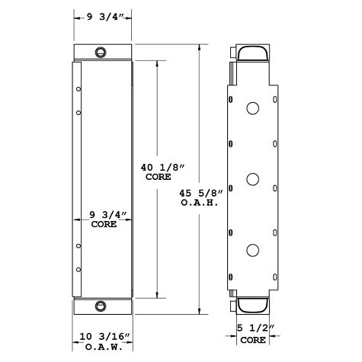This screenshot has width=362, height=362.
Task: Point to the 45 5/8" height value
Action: (x=200, y=194)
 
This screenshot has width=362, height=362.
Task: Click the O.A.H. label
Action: (x=200, y=203)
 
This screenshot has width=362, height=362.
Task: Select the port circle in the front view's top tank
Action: (x=101, y=53)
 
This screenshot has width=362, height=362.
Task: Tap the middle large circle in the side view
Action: (x=251, y=180)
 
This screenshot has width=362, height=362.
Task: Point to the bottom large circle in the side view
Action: (x=251, y=249)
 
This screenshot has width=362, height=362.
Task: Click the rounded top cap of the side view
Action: (x=251, y=53)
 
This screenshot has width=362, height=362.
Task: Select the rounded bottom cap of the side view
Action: (x=251, y=305)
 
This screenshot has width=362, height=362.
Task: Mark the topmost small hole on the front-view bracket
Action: (x=78, y=90)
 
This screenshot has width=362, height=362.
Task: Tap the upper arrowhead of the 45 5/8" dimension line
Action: (x=200, y=46)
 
